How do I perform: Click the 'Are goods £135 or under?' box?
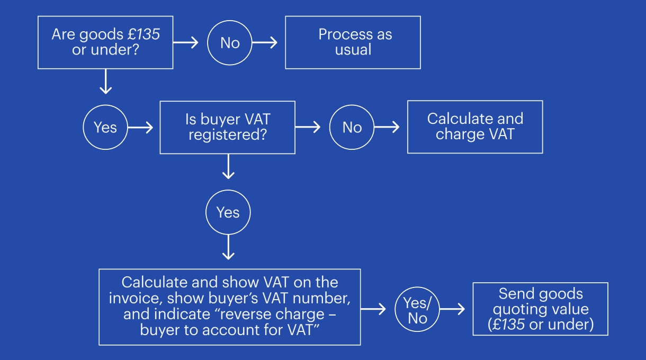[105, 42]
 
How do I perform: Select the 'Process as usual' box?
[353, 42]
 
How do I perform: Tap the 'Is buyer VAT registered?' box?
[227, 128]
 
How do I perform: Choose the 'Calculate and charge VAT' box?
[475, 127]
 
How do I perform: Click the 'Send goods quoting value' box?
[540, 309]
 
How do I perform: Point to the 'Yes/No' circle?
[417, 310]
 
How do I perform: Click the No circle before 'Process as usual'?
[230, 43]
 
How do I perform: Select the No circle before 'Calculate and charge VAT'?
[352, 128]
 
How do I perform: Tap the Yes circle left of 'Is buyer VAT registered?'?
[105, 128]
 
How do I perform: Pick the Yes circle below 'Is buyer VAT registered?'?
[228, 212]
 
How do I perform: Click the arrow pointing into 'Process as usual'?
[266, 43]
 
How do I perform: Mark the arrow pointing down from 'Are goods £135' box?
[106, 82]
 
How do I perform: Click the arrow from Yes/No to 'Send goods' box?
[453, 310]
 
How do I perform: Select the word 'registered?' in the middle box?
[227, 135]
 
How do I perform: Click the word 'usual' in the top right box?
[353, 50]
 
